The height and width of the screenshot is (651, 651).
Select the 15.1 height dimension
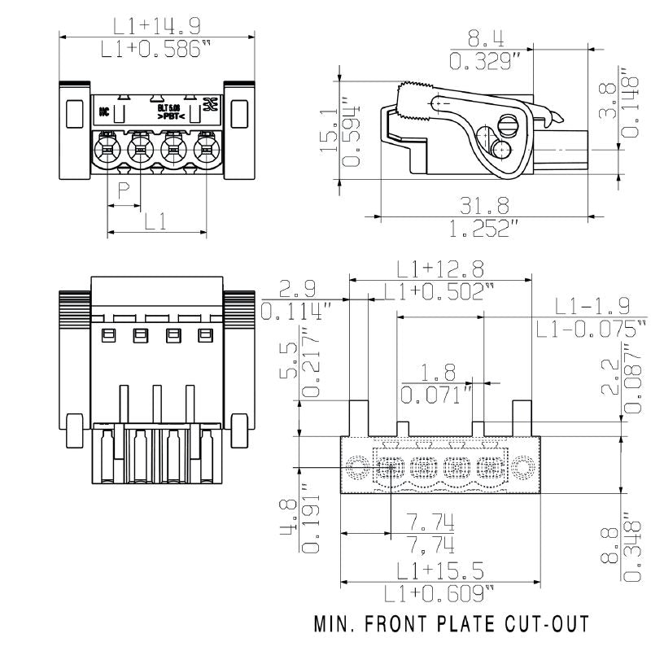pyautogui.click(x=329, y=130)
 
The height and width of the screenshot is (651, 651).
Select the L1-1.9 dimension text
pyautogui.click(x=592, y=306)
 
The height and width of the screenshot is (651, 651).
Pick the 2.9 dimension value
pyautogui.click(x=297, y=288)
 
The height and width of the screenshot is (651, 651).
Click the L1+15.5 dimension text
pyautogui.click(x=440, y=570)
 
